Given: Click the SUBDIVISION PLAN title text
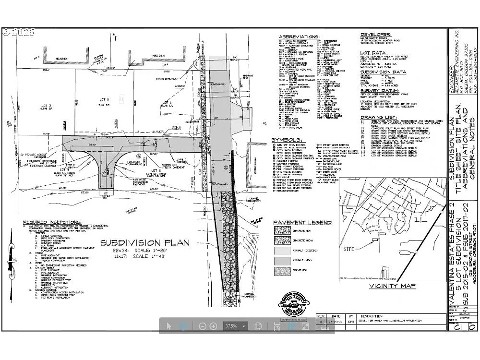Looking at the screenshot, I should click(x=144, y=243).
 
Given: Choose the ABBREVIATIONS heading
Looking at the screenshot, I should click(x=299, y=37).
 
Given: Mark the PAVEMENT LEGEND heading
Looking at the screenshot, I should click(x=302, y=223).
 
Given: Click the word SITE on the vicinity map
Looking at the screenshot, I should click(x=350, y=249).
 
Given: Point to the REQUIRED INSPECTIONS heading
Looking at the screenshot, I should click(x=48, y=222).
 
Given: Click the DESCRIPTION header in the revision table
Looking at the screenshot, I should click(x=372, y=316).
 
